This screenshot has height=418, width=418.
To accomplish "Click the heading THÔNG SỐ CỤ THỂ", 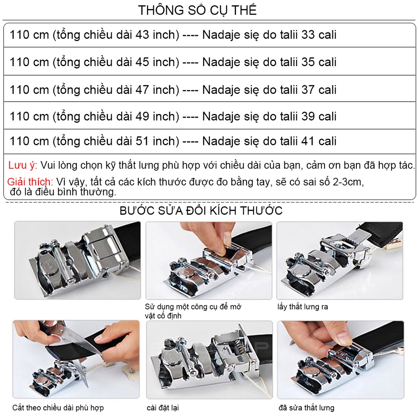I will click(x=197, y=10).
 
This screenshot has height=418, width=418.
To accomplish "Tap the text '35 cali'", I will click(x=319, y=62).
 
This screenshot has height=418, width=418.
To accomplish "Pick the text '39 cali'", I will click(x=319, y=116).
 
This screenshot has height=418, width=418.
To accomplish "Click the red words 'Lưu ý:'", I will click(x=23, y=165).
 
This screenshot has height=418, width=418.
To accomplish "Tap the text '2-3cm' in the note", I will click(x=347, y=182).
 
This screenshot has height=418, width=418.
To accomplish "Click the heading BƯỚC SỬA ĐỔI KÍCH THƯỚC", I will click(x=201, y=211).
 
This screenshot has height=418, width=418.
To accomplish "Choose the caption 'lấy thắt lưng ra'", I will click(x=302, y=307).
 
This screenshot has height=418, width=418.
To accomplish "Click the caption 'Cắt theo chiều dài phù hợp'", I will click(x=58, y=407).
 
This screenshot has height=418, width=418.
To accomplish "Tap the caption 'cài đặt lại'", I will click(x=162, y=407).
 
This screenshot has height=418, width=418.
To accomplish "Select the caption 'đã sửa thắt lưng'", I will click(x=306, y=407).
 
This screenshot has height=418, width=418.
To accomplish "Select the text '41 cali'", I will click(x=319, y=141).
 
